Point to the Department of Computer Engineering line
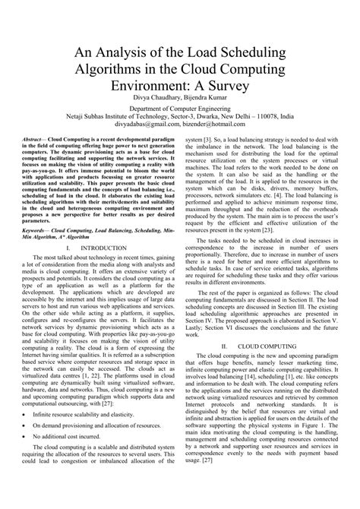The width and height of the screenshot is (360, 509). [x=180, y=130]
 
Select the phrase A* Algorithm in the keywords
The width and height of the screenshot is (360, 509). [x=73, y=259]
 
